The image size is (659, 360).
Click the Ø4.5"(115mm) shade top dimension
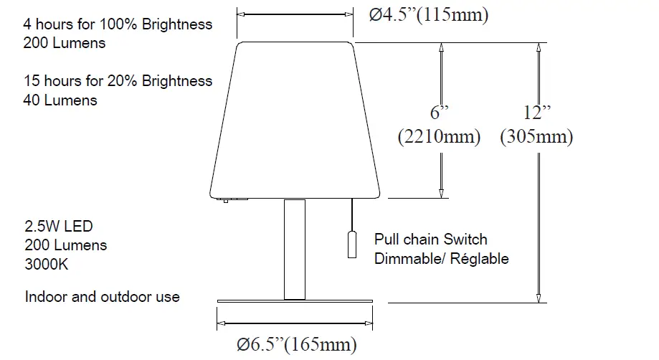pyautogui.click(x=429, y=14)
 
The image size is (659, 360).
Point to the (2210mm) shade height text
pyautogui.click(x=439, y=136)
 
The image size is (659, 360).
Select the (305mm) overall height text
pyautogui.click(x=536, y=136)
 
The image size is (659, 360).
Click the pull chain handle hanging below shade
pyautogui.click(x=352, y=245)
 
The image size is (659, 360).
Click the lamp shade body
pyautogui.click(x=295, y=118)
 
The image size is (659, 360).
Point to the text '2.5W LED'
pyautogui.click(x=59, y=227)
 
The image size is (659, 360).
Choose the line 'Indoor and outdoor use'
pyautogui.click(x=103, y=296)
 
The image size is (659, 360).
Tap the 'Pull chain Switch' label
pyautogui.click(x=430, y=240)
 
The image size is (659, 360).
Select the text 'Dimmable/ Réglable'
pyautogui.click(x=441, y=258)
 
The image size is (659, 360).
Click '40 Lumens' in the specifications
pyautogui.click(x=60, y=100)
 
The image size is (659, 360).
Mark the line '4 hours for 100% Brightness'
pyautogui.click(x=118, y=24)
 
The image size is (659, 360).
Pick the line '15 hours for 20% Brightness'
pyautogui.click(x=118, y=81)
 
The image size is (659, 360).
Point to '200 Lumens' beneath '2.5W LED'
pyautogui.click(x=65, y=245)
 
